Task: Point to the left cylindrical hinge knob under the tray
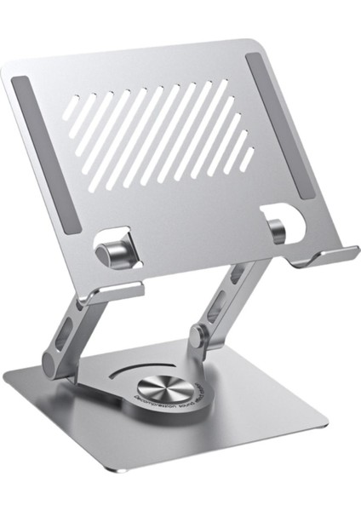click(x=111, y=253)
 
